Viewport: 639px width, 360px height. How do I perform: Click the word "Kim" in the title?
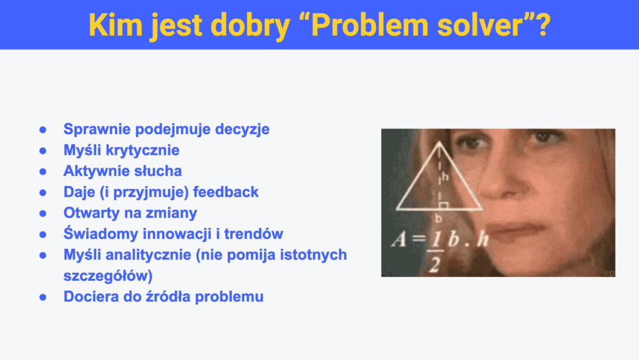115,25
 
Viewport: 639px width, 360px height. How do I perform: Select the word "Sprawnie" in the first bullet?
97,130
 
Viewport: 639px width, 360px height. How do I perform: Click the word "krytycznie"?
143,150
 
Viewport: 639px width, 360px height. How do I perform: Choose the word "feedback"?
226,192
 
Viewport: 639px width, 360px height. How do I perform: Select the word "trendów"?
253,234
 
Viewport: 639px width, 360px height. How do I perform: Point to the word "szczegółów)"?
108,276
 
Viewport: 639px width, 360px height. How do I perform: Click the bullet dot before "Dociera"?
43,297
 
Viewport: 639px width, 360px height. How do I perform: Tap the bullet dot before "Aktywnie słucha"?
43,172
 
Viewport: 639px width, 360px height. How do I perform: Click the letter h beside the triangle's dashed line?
446,177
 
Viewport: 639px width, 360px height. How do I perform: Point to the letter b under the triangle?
439,218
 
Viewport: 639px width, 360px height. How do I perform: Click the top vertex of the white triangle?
439,142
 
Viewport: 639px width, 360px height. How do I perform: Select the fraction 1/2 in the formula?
435,253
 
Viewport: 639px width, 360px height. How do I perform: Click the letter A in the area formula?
399,240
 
